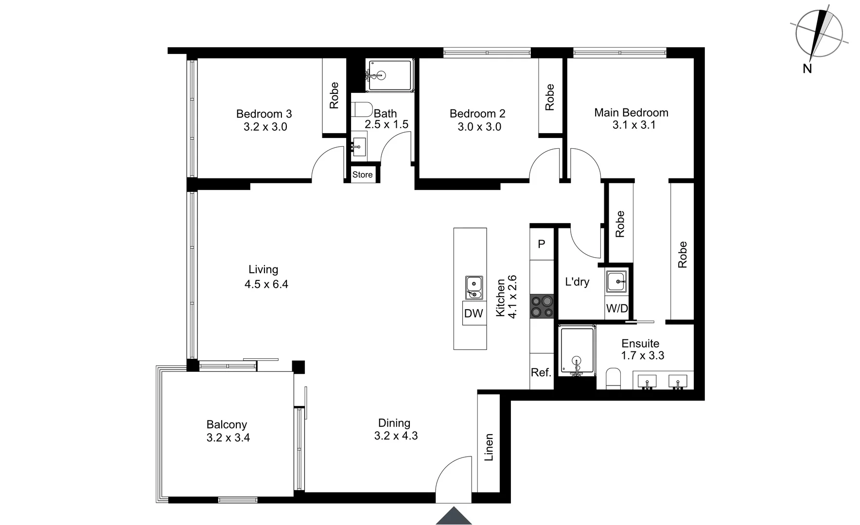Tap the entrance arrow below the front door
[454, 516]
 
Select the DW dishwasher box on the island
[474, 314]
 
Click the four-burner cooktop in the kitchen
[542, 306]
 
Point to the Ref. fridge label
[541, 373]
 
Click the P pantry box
[542, 244]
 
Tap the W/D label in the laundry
[617, 309]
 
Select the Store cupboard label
[363, 175]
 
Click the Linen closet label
[489, 447]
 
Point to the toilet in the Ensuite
[614, 378]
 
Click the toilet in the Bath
[362, 109]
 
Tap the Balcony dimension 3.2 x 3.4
[228, 438]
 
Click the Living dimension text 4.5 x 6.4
[266, 284]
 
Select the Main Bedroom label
[631, 113]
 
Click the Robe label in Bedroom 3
[334, 95]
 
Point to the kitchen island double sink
[474, 288]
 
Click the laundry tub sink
[616, 281]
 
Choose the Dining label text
[394, 423]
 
